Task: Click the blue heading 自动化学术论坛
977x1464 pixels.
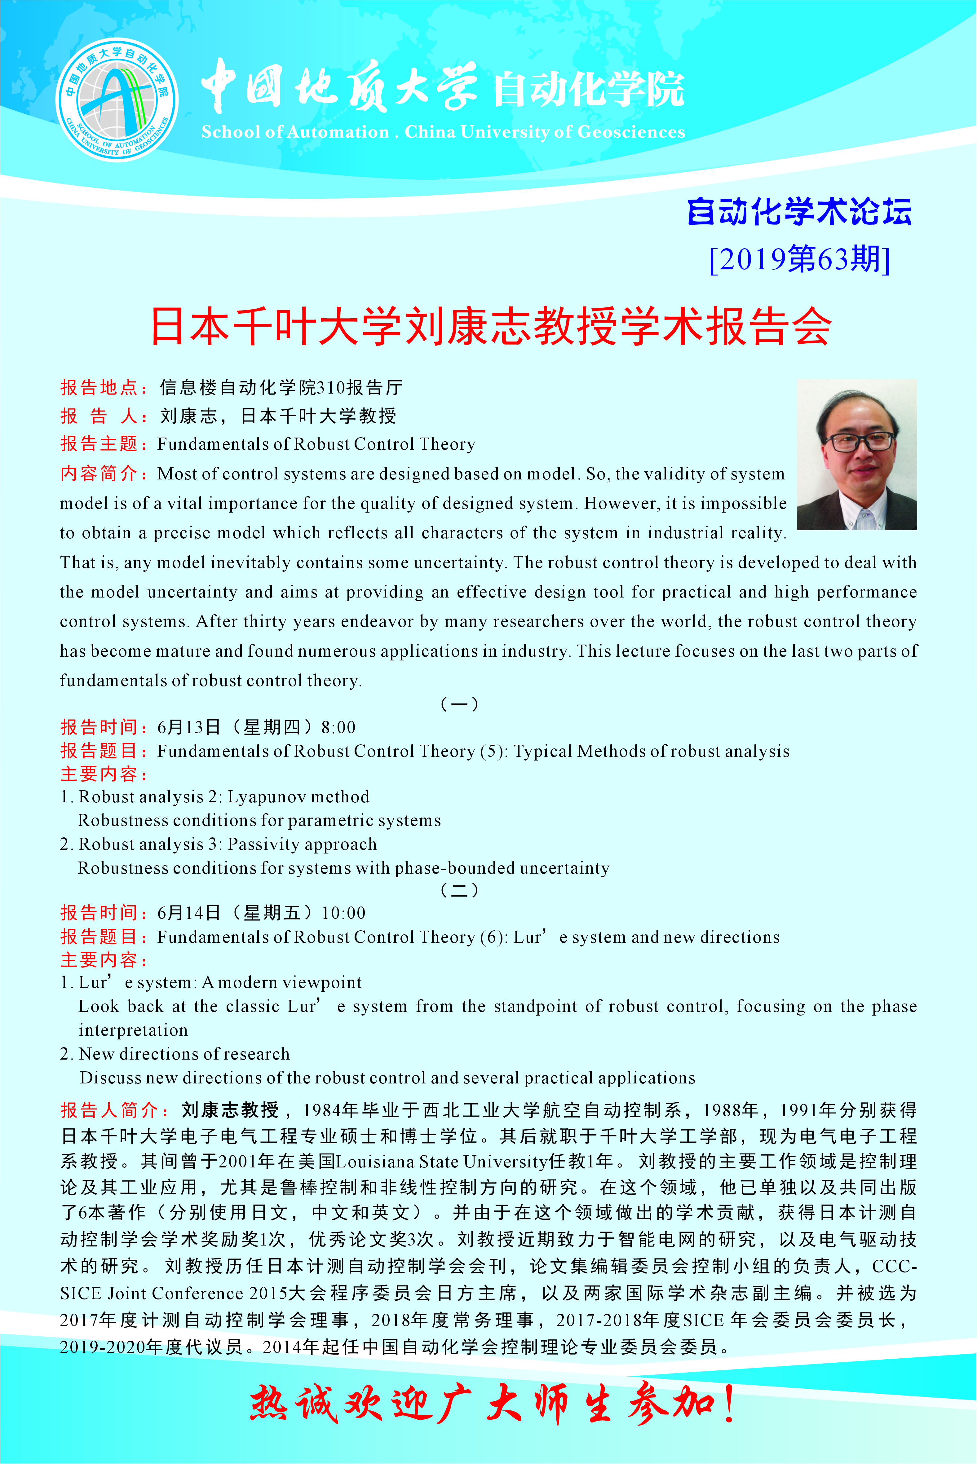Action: click(799, 212)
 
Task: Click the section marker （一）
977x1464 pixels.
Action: click(459, 704)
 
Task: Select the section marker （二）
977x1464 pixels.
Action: click(459, 890)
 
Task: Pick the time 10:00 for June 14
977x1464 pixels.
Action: click(343, 913)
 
